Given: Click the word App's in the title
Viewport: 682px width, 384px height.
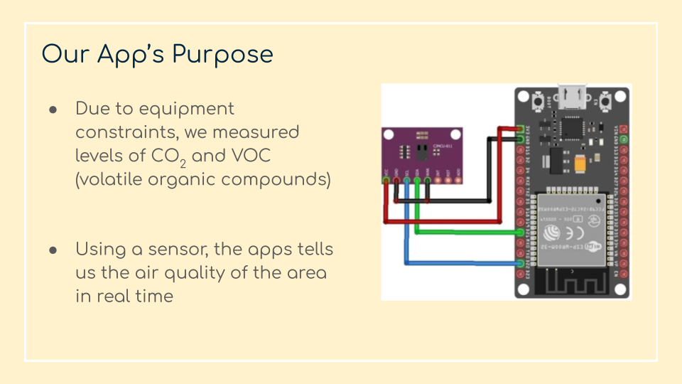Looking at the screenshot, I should (131, 54).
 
